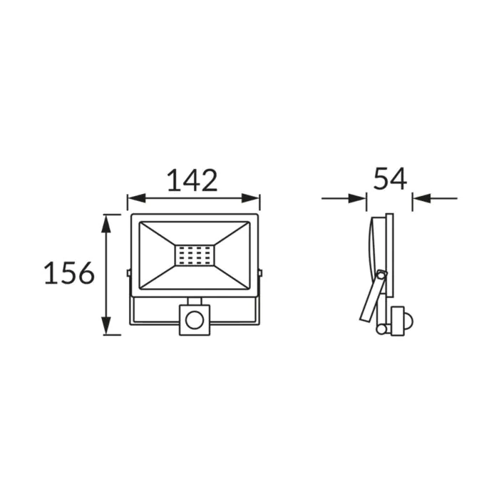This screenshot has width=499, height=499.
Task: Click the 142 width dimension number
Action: (192, 180)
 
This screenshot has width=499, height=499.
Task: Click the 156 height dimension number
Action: (69, 273)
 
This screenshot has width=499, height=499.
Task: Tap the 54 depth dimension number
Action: (390, 178)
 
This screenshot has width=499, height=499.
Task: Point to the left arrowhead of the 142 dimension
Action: (136, 198)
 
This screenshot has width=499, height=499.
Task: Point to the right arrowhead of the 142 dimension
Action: (250, 198)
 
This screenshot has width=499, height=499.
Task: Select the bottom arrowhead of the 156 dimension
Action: (106, 326)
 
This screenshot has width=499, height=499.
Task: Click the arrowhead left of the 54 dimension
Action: (357, 199)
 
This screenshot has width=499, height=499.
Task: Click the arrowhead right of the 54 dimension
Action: (422, 199)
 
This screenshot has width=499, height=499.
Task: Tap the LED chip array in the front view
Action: (195, 255)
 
